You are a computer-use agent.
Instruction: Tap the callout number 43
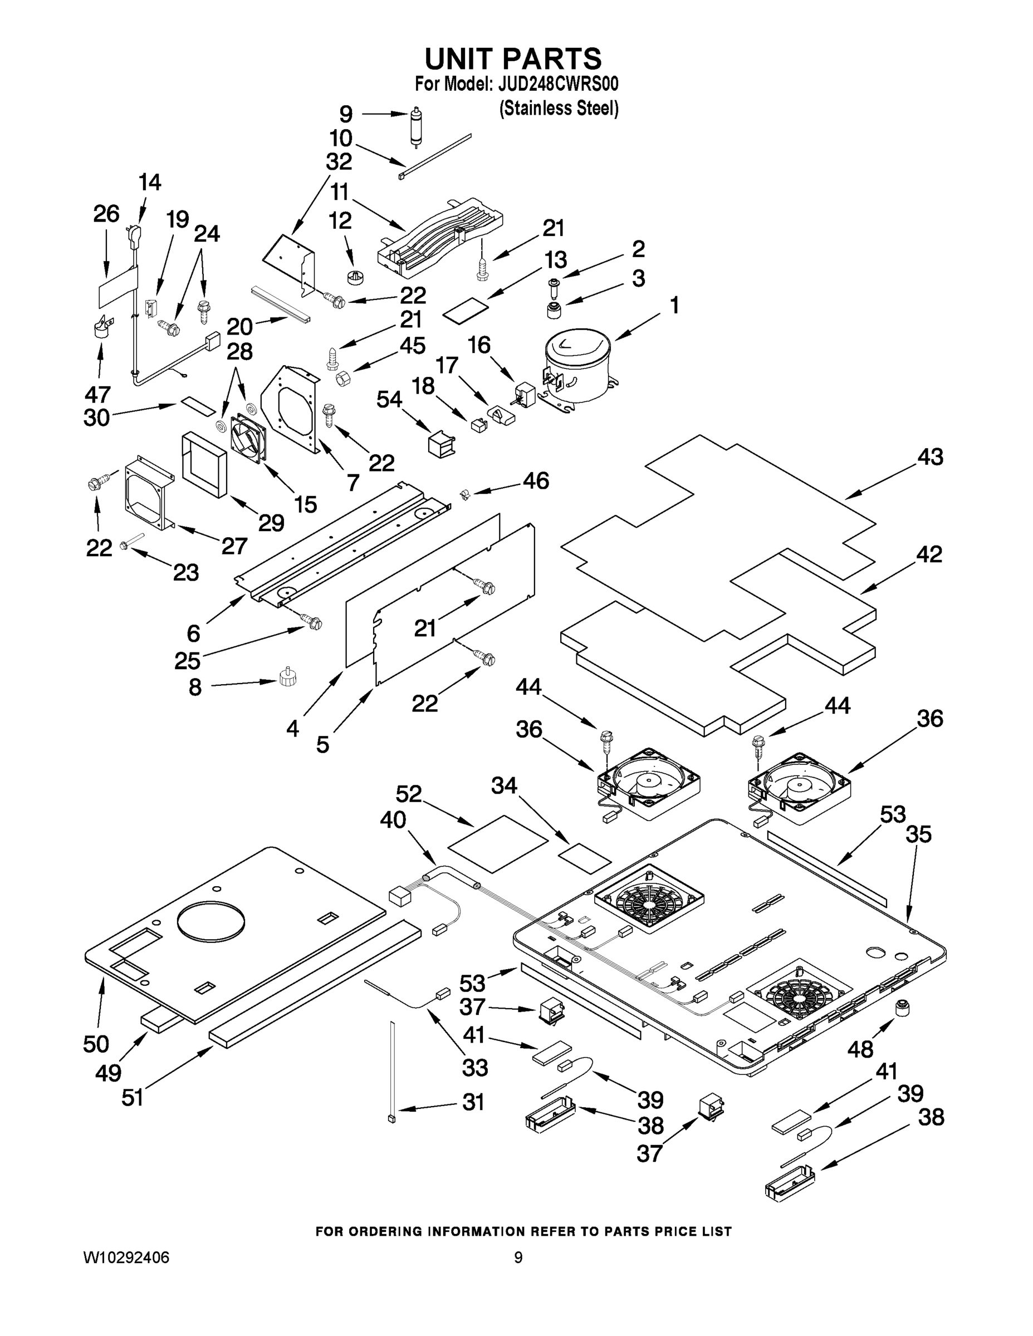pos(929,457)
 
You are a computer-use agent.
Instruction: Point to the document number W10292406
pos(126,1258)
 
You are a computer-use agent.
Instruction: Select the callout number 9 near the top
pos(346,114)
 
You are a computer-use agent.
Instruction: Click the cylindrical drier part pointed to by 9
pos(417,125)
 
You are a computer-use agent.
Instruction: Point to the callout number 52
pos(409,794)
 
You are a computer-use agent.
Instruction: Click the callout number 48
pos(860,1049)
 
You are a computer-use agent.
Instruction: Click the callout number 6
pos(193,633)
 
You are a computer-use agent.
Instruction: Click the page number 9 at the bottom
pos(518,1258)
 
